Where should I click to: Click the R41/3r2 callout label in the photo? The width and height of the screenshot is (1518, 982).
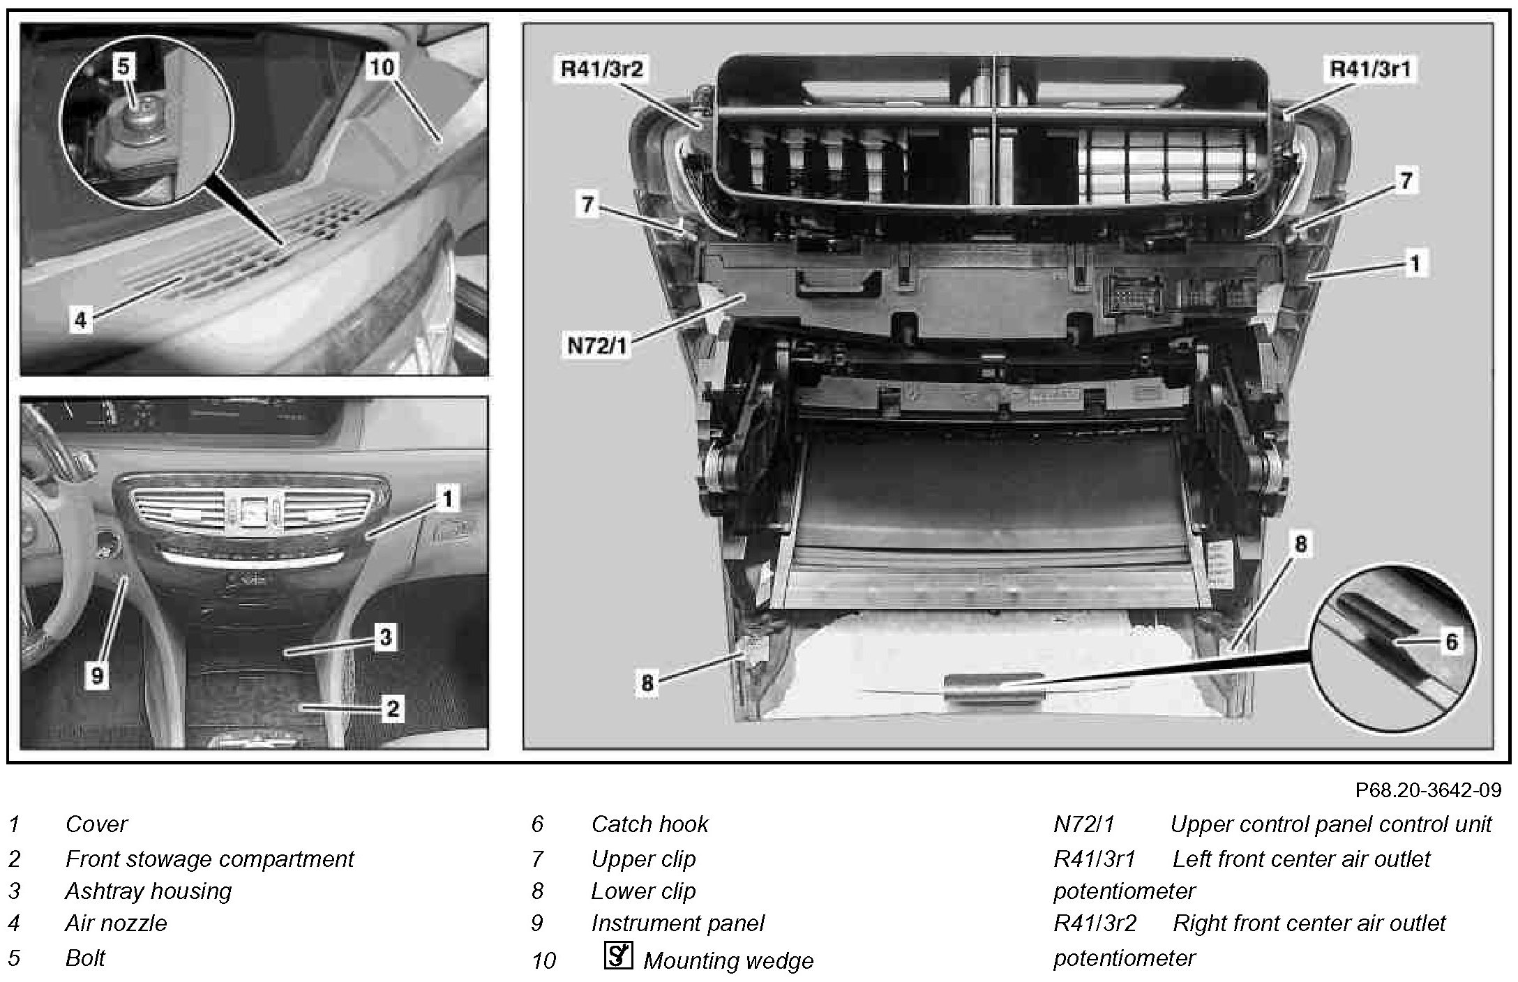pyautogui.click(x=601, y=70)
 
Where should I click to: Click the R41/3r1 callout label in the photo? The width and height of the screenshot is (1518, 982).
pyautogui.click(x=1371, y=70)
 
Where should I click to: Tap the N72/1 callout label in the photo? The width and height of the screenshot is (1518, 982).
pyautogui.click(x=596, y=345)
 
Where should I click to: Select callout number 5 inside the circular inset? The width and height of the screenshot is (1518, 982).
pyautogui.click(x=123, y=67)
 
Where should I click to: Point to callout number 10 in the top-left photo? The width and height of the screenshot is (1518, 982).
pyautogui.click(x=381, y=68)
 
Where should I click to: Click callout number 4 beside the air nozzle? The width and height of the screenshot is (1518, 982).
pyautogui.click(x=81, y=320)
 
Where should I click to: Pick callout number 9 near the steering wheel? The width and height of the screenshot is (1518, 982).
pyautogui.click(x=97, y=674)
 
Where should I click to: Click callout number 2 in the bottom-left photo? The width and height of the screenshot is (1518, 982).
pyautogui.click(x=392, y=709)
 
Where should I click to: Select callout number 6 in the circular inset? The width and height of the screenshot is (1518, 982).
pyautogui.click(x=1451, y=641)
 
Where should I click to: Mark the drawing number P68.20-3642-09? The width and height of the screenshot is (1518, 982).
pyautogui.click(x=1428, y=790)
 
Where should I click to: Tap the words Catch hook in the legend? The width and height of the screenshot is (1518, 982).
pyautogui.click(x=649, y=824)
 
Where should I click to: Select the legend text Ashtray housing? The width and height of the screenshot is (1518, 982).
pyautogui.click(x=148, y=891)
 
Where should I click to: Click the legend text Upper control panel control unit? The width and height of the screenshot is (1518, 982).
pyautogui.click(x=1331, y=824)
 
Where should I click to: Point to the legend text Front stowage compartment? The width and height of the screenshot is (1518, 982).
pyautogui.click(x=209, y=859)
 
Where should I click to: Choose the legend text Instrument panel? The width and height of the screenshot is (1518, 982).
pyautogui.click(x=677, y=923)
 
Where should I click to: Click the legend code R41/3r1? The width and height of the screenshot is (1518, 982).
pyautogui.click(x=1095, y=859)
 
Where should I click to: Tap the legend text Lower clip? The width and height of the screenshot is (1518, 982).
pyautogui.click(x=643, y=891)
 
